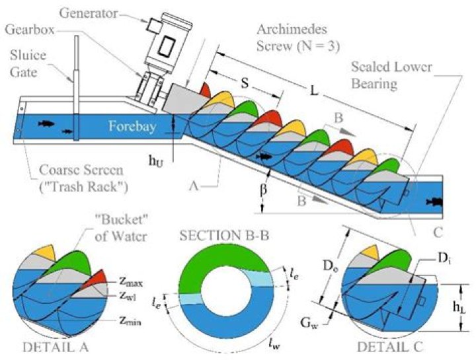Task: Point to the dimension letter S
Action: click(245, 86)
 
